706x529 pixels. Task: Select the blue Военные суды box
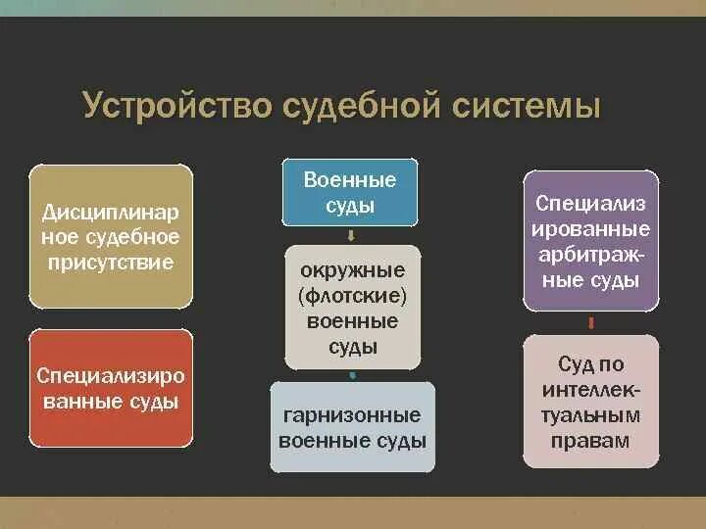pos(351,192)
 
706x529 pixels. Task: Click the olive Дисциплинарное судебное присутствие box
pos(109,237)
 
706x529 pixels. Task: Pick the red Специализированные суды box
pos(109,388)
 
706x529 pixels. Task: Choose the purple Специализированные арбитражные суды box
pos(591,241)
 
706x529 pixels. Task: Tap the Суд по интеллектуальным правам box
pos(591,402)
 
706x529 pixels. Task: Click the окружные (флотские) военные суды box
pos(352,307)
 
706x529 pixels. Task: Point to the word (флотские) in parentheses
pos(352,295)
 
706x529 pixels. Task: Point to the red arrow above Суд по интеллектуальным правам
pos(591,322)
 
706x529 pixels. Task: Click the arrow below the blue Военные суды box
pos(351,235)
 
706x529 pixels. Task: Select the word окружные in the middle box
pos(352,269)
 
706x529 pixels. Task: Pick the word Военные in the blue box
pos(351,180)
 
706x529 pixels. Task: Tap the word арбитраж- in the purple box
pos(591,255)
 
